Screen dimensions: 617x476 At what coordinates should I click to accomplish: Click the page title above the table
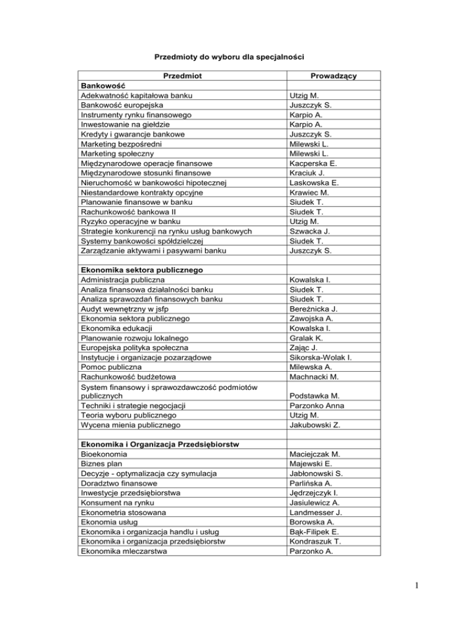(x=238, y=56)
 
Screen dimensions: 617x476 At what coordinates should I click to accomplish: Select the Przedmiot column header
(x=182, y=76)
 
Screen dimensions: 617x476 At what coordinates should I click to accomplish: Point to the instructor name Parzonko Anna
(x=320, y=405)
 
